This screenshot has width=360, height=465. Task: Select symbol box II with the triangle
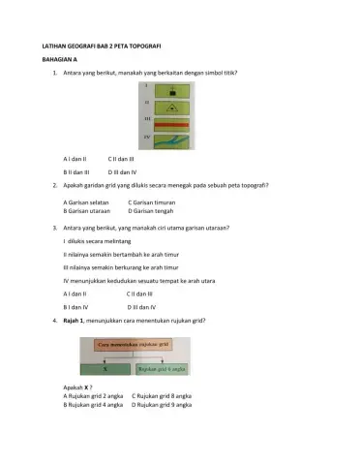click(x=171, y=105)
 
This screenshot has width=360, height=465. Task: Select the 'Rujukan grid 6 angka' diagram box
click(x=161, y=368)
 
